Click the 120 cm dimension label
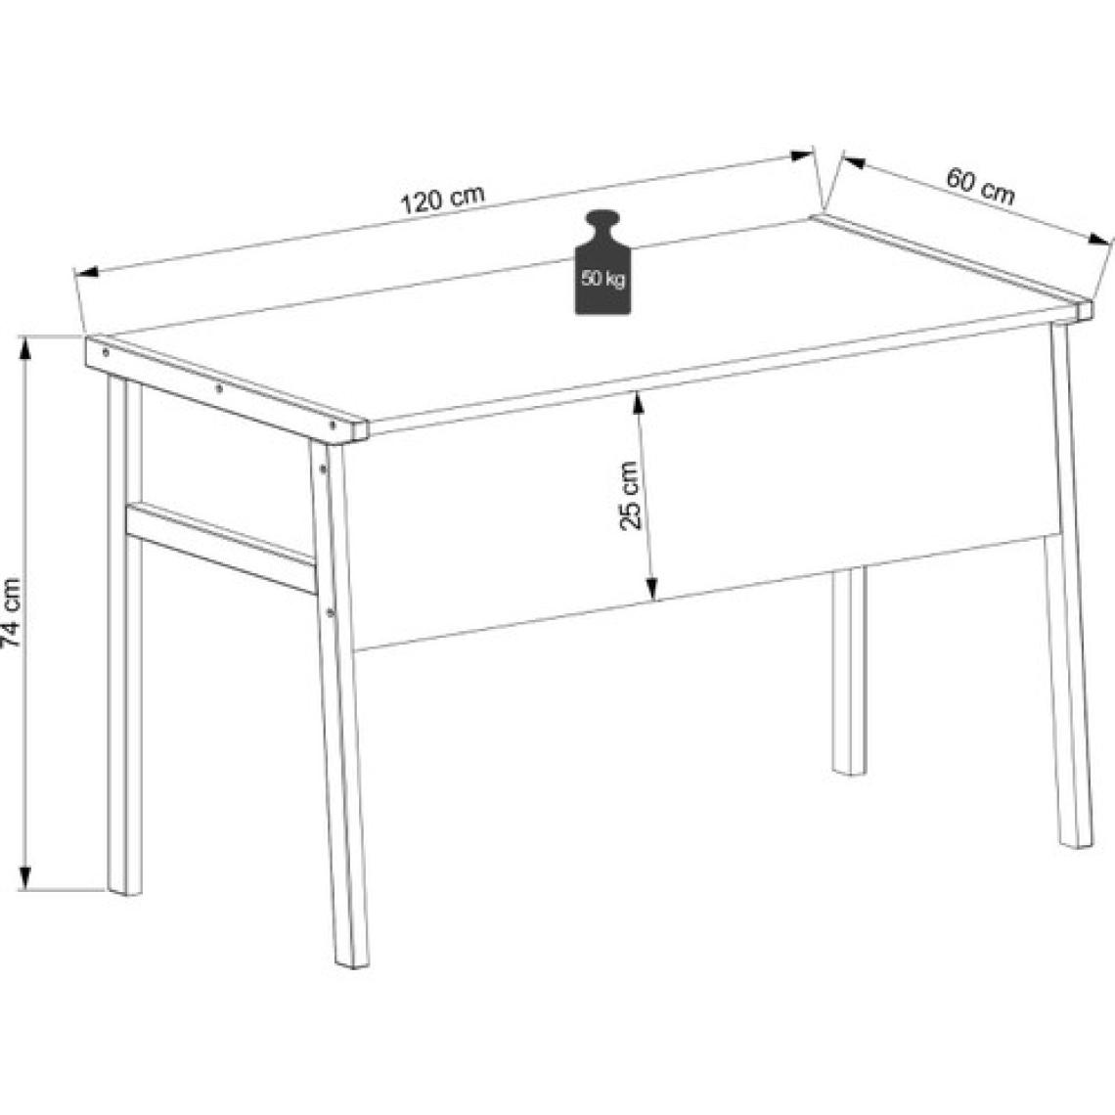pos(443,200)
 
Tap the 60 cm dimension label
pos(981,186)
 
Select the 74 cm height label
pos(12,613)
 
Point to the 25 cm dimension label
pos(630,495)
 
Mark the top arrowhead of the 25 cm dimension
pos(638,403)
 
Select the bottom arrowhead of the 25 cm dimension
pos(650,588)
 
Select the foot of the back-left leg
pos(125,890)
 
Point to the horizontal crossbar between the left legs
pos(221,546)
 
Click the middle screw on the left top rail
pos(219,388)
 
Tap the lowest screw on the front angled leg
pos(330,611)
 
